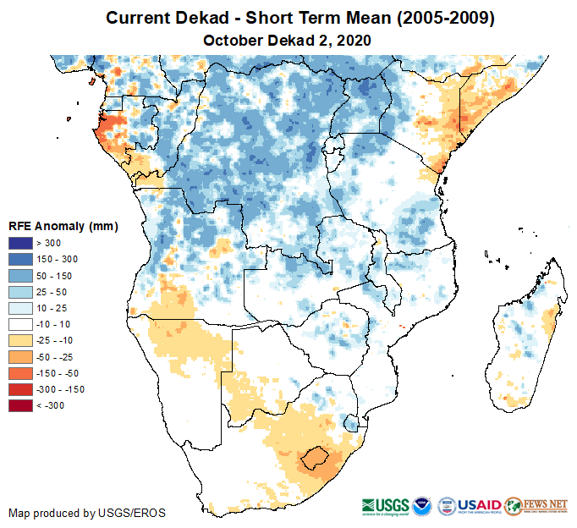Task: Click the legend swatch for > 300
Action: (21, 244)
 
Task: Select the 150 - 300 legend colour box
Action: (21, 260)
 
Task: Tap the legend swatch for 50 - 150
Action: (21, 276)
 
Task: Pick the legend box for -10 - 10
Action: (21, 324)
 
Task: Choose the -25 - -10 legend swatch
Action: (21, 340)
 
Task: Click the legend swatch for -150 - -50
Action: (21, 373)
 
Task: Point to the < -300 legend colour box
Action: (21, 405)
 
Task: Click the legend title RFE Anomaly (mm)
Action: (63, 226)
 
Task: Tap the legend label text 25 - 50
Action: (52, 292)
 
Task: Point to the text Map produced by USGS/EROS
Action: (87, 513)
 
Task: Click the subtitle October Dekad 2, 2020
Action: (288, 41)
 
